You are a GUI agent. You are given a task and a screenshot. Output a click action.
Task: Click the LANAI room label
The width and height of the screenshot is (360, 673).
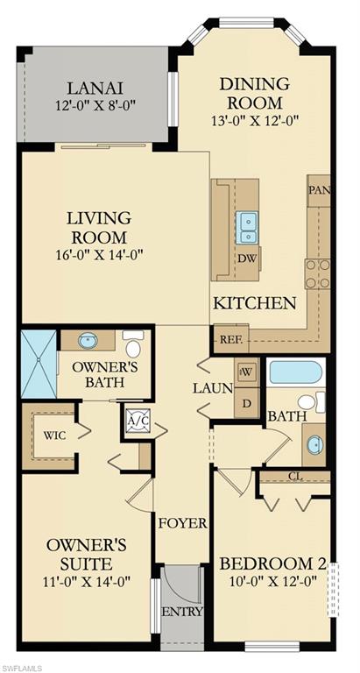[96, 88]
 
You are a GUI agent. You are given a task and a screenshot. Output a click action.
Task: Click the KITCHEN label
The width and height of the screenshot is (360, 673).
[255, 303]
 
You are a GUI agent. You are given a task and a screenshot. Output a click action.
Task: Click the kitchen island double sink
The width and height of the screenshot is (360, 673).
[248, 227]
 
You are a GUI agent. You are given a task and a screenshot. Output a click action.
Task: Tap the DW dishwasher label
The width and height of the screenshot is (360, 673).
[246, 259]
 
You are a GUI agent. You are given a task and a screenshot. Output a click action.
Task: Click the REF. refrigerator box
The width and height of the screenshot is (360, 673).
[231, 338]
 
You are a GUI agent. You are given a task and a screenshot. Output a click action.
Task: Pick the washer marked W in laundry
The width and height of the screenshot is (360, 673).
[245, 371]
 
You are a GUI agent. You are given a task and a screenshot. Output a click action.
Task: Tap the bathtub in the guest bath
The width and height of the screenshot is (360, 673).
[296, 372]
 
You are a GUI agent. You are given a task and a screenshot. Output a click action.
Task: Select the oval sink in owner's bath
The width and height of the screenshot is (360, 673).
[88, 340]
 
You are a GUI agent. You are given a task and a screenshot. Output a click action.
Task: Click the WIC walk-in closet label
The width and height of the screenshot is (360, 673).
[45, 436]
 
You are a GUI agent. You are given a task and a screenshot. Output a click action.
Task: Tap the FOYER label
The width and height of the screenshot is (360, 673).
[182, 523]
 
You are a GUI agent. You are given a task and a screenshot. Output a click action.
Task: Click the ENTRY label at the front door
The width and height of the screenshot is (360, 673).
[181, 611]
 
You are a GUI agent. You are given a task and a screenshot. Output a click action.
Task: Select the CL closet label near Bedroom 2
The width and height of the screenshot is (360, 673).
[294, 477]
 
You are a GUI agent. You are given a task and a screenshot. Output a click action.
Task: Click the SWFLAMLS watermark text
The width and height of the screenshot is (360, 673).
[24, 665]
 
